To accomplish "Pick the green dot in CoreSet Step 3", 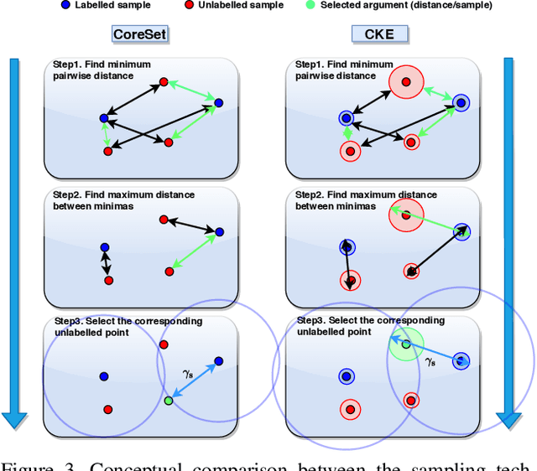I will pos(169,401).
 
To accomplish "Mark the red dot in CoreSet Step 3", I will pos(107,409).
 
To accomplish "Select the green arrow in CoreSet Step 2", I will pos(194,251).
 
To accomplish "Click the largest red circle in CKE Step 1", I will pos(406,82).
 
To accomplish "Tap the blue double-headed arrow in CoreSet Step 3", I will pos(194,382).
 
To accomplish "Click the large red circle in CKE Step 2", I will pos(405,215).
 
